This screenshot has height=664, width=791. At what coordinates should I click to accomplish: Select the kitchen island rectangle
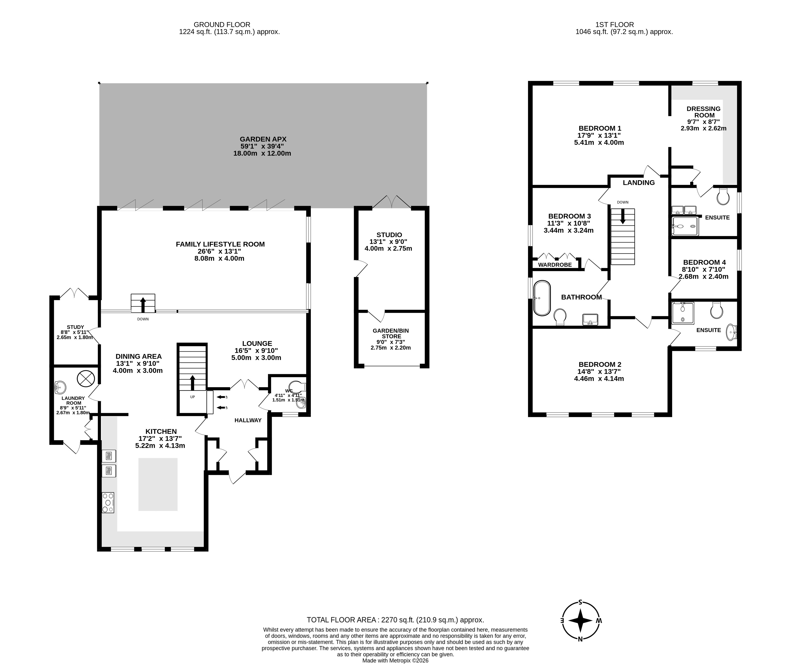point(158,484)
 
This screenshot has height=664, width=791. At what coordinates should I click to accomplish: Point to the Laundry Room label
point(74,401)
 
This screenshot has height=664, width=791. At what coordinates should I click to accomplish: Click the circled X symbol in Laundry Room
point(85,379)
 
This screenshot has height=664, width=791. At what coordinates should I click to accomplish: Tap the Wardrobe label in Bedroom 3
point(555,265)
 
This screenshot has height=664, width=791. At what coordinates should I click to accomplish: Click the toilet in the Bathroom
point(560,317)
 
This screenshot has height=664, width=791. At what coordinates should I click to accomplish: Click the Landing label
point(639,183)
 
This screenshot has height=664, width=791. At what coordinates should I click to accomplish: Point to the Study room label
point(75,327)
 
